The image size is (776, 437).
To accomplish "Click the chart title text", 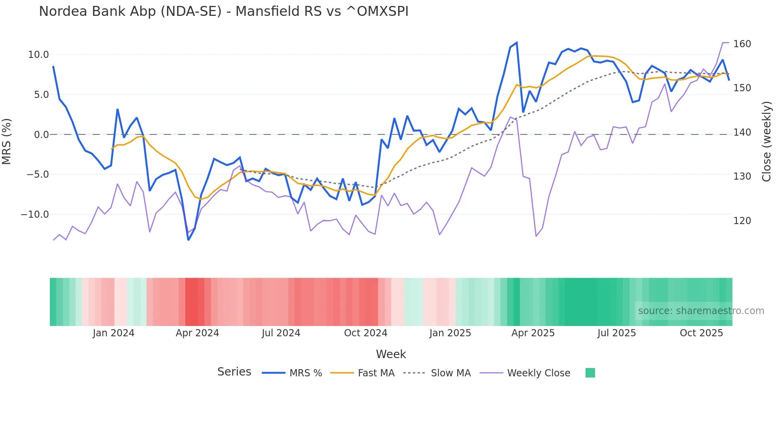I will [x=224, y=11].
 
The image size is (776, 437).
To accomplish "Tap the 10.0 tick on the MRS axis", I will [x=38, y=55].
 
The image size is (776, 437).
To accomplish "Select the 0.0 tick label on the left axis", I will [x=41, y=135].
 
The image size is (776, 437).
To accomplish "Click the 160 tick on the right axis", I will [x=742, y=44].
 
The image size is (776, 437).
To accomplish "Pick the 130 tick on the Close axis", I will [x=742, y=176].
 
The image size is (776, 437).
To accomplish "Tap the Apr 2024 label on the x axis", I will [x=197, y=333].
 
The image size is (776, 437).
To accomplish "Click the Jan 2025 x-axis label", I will [x=450, y=333].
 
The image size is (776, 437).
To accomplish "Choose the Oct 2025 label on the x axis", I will [x=701, y=333].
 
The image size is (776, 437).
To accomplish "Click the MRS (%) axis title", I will [x=7, y=141].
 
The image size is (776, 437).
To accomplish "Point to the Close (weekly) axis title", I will [x=767, y=142].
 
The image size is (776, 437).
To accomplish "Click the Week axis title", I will [x=391, y=354].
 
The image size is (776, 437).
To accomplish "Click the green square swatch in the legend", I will [x=590, y=373].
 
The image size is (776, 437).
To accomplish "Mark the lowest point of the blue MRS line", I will [x=188, y=240].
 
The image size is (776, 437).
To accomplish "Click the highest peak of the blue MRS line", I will [x=517, y=43].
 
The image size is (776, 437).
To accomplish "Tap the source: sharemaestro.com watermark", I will [x=701, y=311].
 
